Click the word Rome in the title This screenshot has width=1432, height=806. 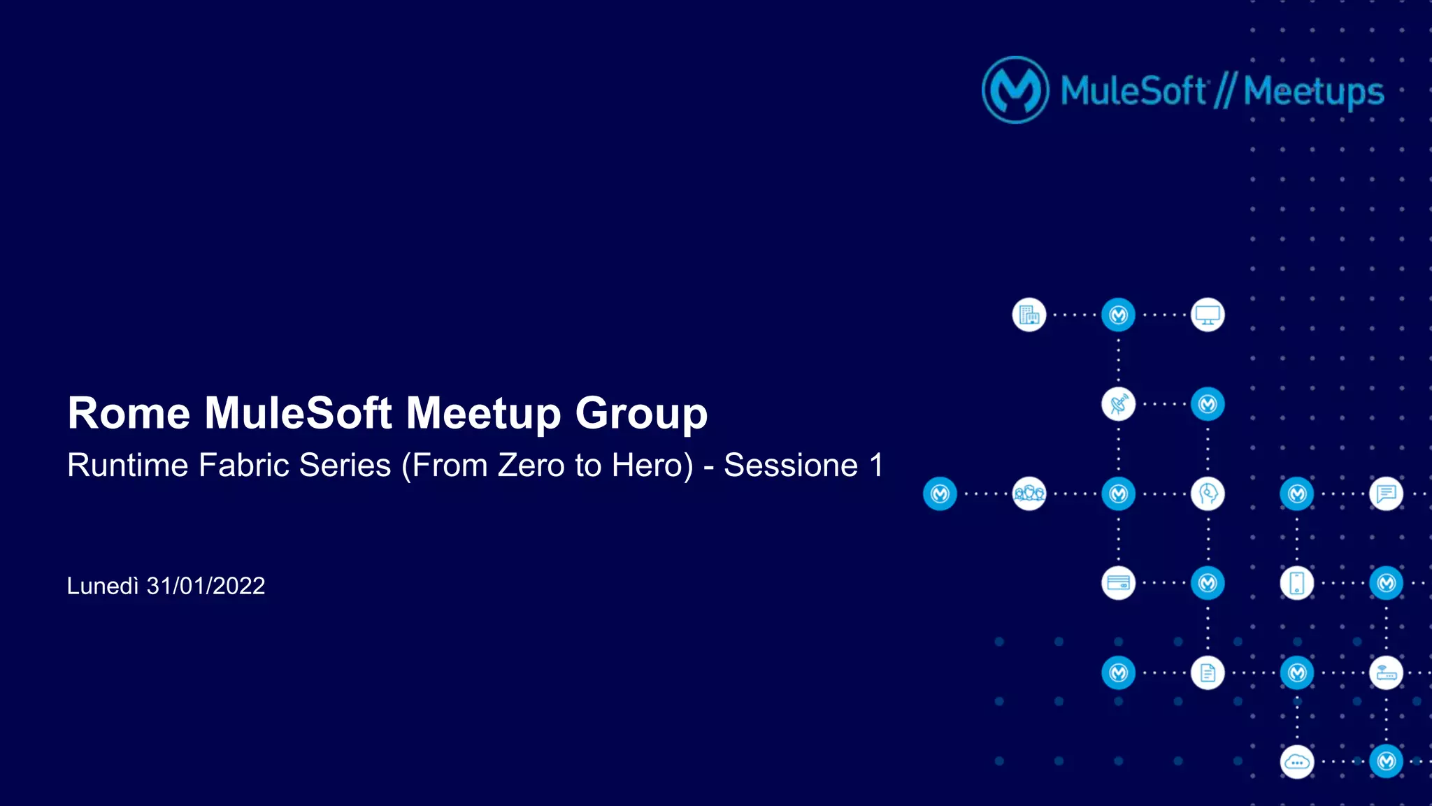click(128, 413)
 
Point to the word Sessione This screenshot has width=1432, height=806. click(790, 466)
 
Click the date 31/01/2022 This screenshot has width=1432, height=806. click(206, 586)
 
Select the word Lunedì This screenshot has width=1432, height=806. click(103, 586)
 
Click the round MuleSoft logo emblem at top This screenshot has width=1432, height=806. click(1015, 90)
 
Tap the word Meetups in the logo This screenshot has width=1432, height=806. click(1313, 92)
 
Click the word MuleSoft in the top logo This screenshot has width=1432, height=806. click(1133, 92)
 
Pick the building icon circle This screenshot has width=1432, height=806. click(1029, 315)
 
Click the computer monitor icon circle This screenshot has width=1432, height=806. click(1208, 315)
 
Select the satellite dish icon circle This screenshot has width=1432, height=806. click(1118, 404)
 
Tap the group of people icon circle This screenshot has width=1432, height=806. click(1029, 494)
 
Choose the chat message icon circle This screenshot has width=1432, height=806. click(1386, 494)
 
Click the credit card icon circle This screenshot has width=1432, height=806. click(1118, 583)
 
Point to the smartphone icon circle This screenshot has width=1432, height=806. click(1297, 583)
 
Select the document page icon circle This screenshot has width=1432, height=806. click(1208, 672)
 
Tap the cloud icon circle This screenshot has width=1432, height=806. click(1297, 762)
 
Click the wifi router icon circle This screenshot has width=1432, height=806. click(1386, 672)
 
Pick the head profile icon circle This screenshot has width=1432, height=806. click(1208, 494)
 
